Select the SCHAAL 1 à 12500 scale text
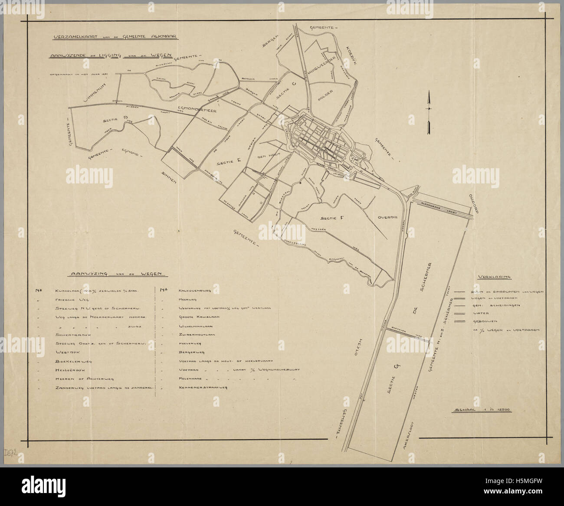[x=482, y=409]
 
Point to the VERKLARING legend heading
[x=493, y=277]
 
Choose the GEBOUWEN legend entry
[x=483, y=321]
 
